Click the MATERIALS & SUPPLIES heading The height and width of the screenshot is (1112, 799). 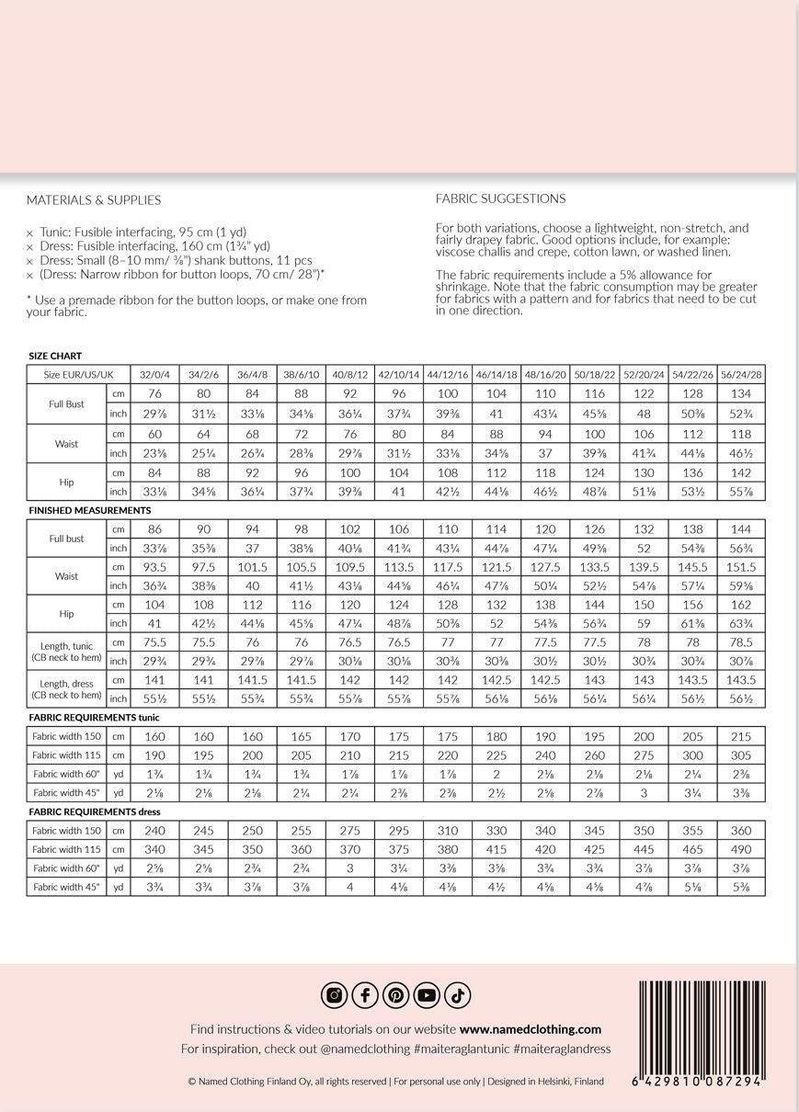coord(94,200)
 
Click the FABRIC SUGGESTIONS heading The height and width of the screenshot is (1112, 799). coord(500,199)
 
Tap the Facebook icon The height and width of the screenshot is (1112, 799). coord(365,995)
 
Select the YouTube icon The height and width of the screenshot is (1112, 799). coord(427,995)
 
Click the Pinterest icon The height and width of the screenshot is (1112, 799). coord(396,995)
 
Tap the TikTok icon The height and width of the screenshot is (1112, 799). coord(458,995)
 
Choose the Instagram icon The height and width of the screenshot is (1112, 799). coord(334,995)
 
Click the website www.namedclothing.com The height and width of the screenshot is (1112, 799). coord(530,1029)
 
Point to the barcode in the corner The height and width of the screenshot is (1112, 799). coord(701,1033)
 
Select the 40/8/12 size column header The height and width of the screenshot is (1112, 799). coord(349,375)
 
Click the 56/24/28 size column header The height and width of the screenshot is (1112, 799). coord(740,375)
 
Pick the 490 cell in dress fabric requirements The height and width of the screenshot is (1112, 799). coord(740,849)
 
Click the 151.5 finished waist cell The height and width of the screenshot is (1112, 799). coord(740,567)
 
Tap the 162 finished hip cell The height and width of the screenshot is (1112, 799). coord(740,605)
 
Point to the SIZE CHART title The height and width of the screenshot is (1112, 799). coord(55,356)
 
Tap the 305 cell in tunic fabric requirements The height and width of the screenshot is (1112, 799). coord(740,755)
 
